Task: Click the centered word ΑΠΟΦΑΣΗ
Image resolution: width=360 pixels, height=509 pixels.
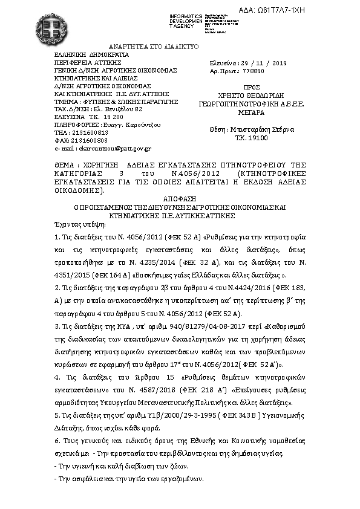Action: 180,198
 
